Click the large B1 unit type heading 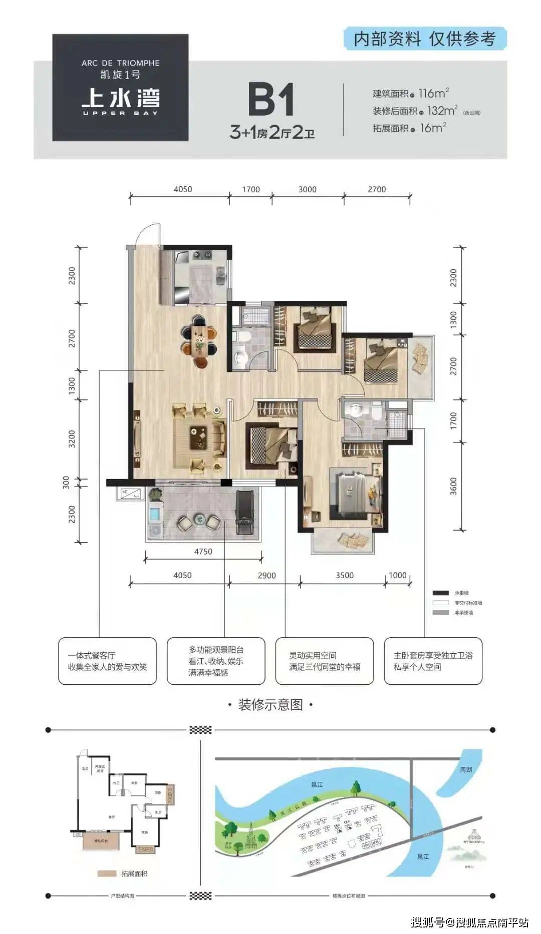point(271,100)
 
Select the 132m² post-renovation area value point(441,111)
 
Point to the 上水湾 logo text point(121,98)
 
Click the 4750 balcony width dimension point(203,551)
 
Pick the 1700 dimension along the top point(250,189)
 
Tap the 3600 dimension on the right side point(453,486)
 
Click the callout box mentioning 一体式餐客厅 point(107,661)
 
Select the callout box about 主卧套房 point(433,661)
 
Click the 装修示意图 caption point(270,705)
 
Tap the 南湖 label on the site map point(466,769)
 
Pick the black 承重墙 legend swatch point(440,593)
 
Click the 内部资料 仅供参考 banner point(425,39)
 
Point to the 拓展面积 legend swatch point(106,873)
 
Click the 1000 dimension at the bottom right point(397,575)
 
